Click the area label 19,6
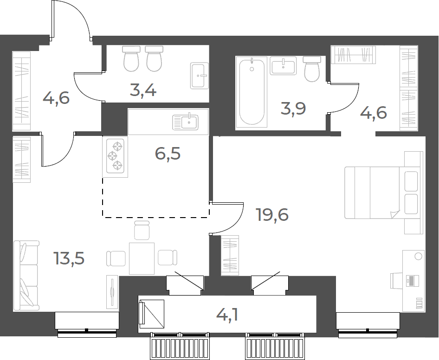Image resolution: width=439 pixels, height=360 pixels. point(272,215)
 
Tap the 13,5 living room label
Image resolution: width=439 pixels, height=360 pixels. point(69,258)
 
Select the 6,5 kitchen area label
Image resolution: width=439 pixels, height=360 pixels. point(168,154)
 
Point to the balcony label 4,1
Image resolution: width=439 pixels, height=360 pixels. point(227,315)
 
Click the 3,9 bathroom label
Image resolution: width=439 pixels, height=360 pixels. point(293,109)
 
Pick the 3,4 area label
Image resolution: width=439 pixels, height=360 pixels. point(143,91)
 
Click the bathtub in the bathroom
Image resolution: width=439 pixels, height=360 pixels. point(252,91)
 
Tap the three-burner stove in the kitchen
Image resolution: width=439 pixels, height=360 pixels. point(115,157)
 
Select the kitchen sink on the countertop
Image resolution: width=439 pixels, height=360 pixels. point(185,122)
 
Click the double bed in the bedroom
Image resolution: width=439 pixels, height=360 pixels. point(382,193)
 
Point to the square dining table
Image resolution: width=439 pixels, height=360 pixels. point(142,258)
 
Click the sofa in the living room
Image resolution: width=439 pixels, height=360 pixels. point(26,276)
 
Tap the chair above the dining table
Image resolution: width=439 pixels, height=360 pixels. point(142,230)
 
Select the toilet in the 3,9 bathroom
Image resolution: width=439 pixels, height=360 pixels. point(312,69)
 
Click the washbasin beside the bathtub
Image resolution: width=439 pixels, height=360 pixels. point(283,65)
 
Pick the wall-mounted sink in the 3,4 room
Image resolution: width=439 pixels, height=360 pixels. point(200,76)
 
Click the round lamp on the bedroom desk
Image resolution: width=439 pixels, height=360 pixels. point(418,256)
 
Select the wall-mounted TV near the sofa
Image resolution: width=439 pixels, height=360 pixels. point(112,292)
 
